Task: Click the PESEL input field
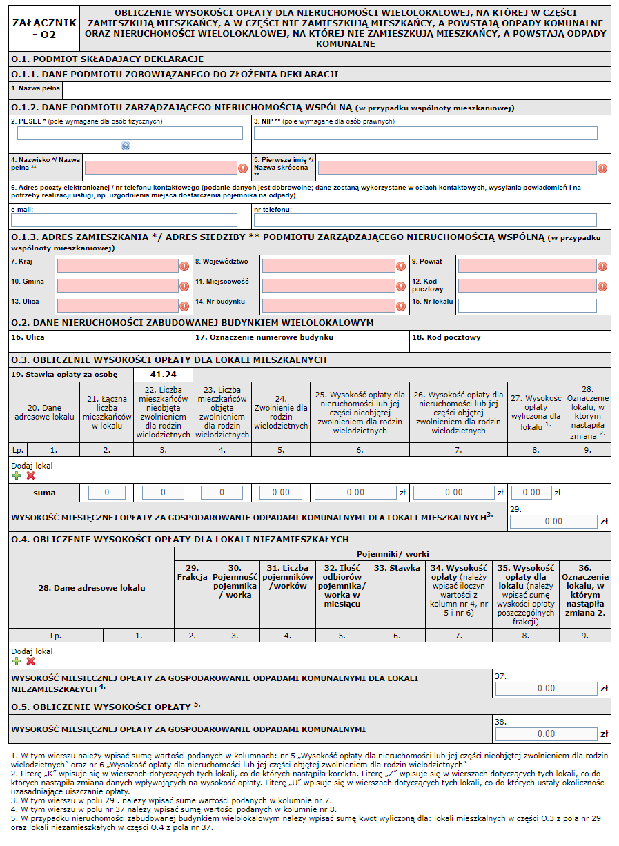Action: [126, 133]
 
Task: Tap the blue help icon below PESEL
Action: [126, 146]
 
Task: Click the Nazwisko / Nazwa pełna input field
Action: [160, 168]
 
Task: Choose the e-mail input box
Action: [124, 220]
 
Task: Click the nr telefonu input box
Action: [425, 220]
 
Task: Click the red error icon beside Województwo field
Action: [401, 266]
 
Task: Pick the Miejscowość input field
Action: [328, 286]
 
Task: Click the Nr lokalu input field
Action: [527, 306]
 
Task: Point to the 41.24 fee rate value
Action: [164, 375]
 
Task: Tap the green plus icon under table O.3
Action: [17, 475]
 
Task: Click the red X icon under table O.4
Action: [30, 661]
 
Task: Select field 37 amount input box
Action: [546, 688]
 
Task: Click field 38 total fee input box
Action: [546, 734]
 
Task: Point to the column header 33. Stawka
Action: [397, 568]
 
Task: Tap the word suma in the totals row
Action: [44, 493]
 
